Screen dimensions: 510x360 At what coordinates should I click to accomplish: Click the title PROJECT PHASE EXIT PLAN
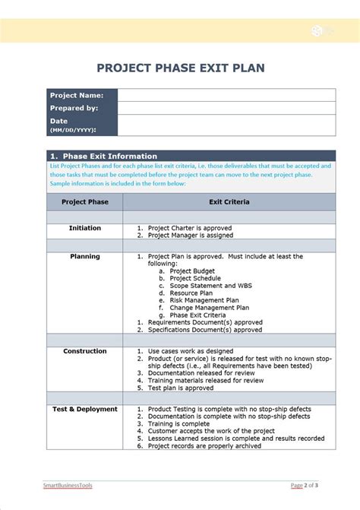pos(180,68)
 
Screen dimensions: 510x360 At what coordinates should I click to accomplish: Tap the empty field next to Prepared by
pos(226,108)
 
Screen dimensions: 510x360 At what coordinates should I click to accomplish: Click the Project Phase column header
pos(84,201)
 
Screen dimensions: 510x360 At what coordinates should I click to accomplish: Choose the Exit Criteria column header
pos(229,201)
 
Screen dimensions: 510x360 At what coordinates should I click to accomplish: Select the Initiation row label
pos(84,228)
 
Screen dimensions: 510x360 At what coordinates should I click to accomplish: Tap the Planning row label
pos(84,256)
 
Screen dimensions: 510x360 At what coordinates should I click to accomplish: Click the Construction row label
pos(84,351)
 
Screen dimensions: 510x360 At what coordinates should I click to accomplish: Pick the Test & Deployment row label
pos(84,409)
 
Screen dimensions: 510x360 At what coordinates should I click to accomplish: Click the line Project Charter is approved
pos(189,228)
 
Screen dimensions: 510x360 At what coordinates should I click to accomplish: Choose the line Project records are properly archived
pos(204,446)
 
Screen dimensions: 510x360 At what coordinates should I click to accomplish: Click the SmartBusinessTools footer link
pos(67,484)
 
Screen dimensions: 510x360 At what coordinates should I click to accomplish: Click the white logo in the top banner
pos(317,30)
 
